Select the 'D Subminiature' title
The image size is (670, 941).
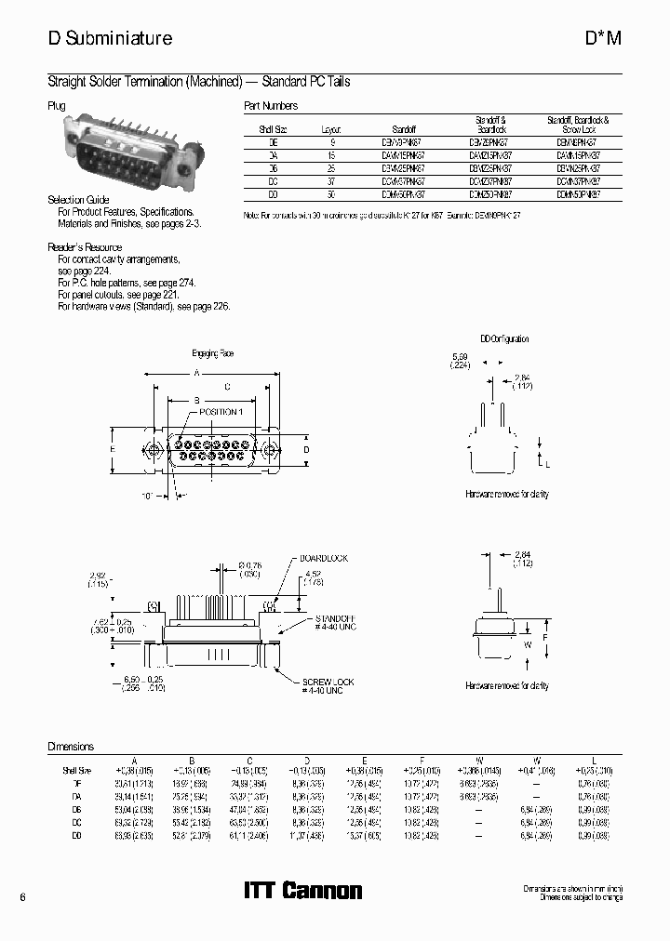click(110, 38)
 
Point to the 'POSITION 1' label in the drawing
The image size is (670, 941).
click(221, 411)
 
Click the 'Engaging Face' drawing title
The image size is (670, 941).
click(213, 354)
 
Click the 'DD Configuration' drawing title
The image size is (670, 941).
click(504, 339)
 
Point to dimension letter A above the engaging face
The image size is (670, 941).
click(196, 372)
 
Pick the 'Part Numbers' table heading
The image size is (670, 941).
click(271, 106)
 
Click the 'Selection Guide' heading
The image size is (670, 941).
click(78, 200)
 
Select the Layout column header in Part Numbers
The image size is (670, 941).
click(331, 131)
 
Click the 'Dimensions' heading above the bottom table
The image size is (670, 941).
click(71, 747)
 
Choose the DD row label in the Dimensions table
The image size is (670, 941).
click(76, 838)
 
